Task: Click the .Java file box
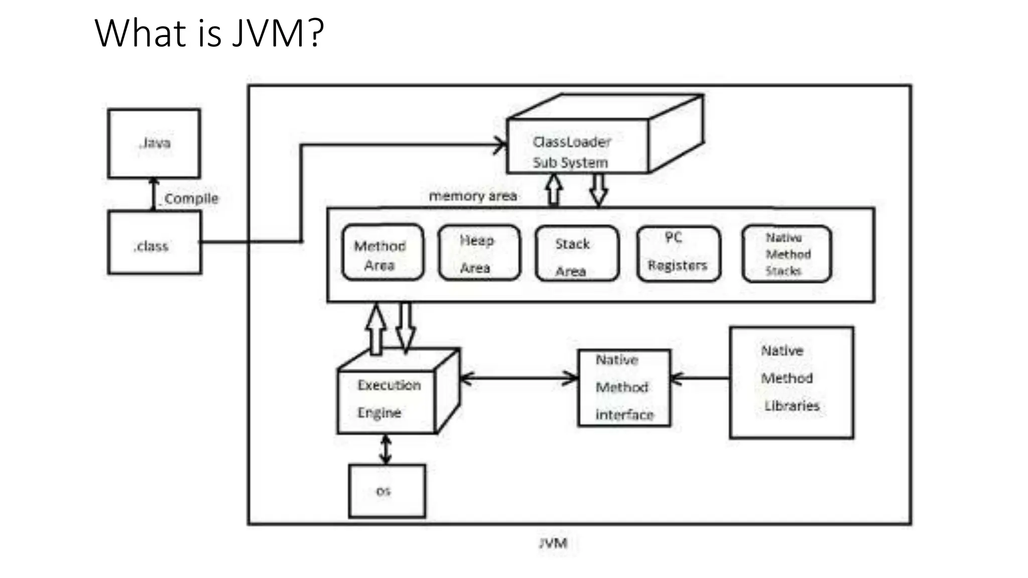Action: pyautogui.click(x=154, y=143)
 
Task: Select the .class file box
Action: pyautogui.click(x=154, y=242)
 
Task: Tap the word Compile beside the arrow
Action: pyautogui.click(x=191, y=199)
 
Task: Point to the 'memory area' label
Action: pyautogui.click(x=473, y=196)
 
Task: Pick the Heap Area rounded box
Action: pyautogui.click(x=479, y=253)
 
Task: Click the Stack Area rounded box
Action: pyautogui.click(x=577, y=254)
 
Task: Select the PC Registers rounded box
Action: pyautogui.click(x=678, y=254)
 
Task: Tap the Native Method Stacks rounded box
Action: pyautogui.click(x=787, y=254)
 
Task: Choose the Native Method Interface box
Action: pyautogui.click(x=624, y=388)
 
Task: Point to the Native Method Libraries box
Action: pyautogui.click(x=791, y=382)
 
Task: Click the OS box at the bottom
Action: pyautogui.click(x=387, y=491)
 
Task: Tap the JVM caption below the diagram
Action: pyautogui.click(x=553, y=543)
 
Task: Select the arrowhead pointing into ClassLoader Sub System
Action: pyautogui.click(x=501, y=146)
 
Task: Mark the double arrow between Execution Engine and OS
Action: pyautogui.click(x=385, y=449)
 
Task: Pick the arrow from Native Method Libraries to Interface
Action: pyautogui.click(x=700, y=378)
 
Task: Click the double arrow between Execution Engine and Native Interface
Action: pyautogui.click(x=519, y=378)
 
